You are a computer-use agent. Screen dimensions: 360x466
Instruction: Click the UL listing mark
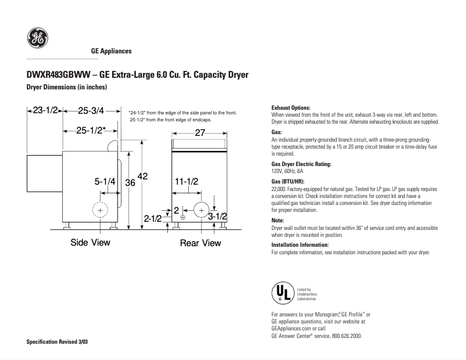click(282, 294)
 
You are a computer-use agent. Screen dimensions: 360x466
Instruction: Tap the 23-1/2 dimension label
click(44, 110)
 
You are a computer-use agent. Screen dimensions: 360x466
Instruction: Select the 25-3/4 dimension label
click(91, 110)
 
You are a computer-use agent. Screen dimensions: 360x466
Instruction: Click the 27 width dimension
click(200, 132)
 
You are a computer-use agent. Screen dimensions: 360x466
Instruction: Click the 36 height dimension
click(131, 182)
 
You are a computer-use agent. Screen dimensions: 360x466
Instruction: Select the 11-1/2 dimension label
click(187, 182)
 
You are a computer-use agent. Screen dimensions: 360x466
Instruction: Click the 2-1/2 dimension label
click(153, 219)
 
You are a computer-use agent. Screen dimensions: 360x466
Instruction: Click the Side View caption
click(90, 242)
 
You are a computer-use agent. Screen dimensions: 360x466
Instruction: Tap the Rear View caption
click(200, 243)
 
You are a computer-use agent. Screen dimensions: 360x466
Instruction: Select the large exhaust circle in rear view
click(202, 210)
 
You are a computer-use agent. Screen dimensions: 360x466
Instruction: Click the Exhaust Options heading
click(291, 108)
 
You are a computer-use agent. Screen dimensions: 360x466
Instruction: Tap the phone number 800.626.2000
click(346, 336)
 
